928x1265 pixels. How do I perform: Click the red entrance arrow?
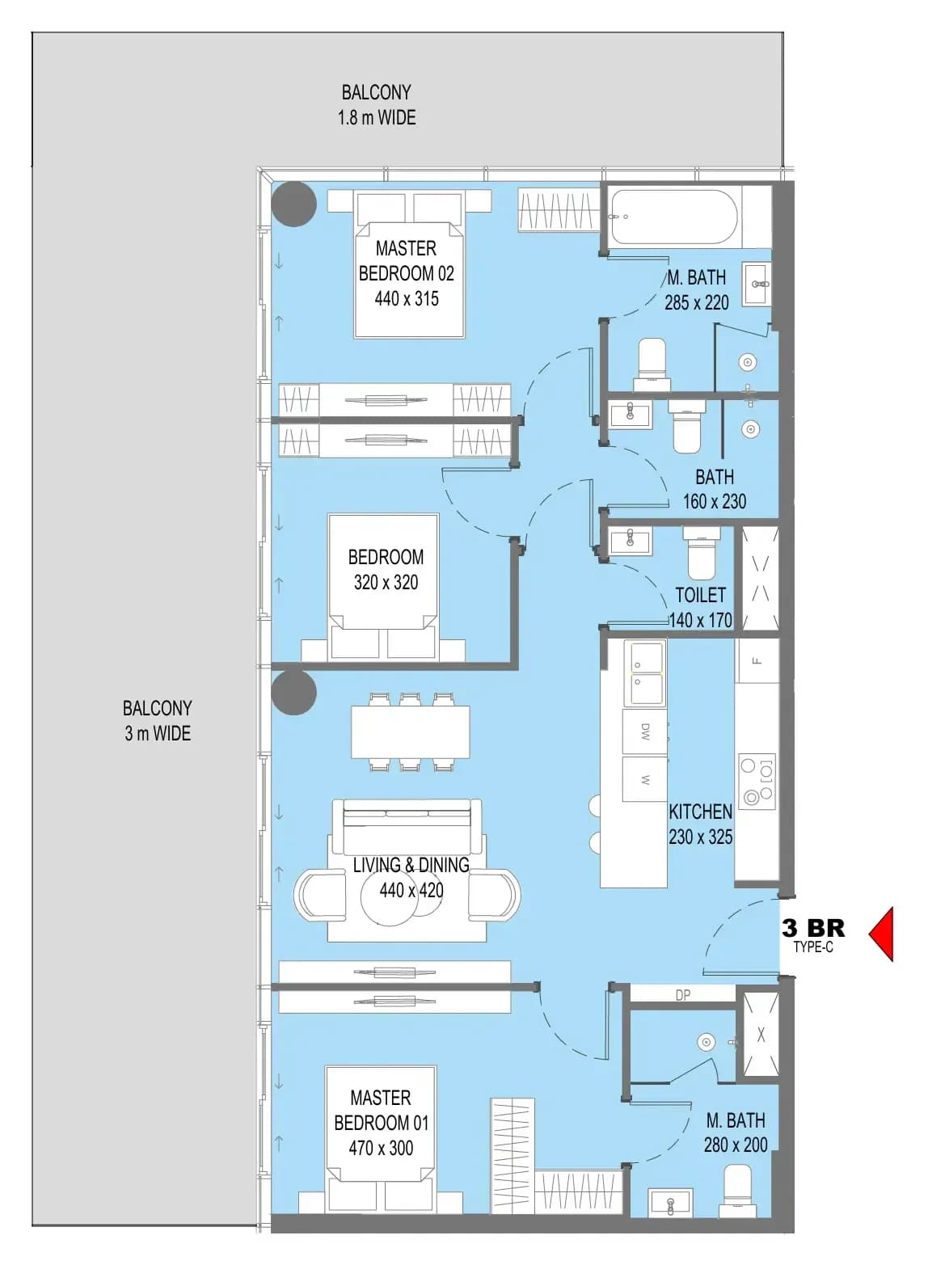click(881, 934)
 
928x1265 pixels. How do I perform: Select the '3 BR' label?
click(813, 928)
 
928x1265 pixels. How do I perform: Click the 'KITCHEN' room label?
click(700, 812)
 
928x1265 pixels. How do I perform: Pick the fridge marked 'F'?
click(757, 660)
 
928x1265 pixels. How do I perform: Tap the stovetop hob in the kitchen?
click(757, 782)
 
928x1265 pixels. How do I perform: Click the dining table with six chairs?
click(410, 732)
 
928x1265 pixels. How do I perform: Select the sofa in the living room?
click(407, 829)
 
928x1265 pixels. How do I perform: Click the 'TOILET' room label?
click(700, 595)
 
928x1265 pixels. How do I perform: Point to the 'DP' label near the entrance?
click(683, 995)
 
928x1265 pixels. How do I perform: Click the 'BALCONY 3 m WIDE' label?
click(158, 720)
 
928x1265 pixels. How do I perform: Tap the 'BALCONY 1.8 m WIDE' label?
click(377, 105)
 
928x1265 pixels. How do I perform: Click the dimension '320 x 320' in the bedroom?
click(386, 582)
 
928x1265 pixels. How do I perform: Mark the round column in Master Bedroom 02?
click(293, 204)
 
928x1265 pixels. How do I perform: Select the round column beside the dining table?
click(293, 693)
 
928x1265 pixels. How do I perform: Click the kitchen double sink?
click(645, 674)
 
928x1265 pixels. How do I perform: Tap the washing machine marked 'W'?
click(644, 779)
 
